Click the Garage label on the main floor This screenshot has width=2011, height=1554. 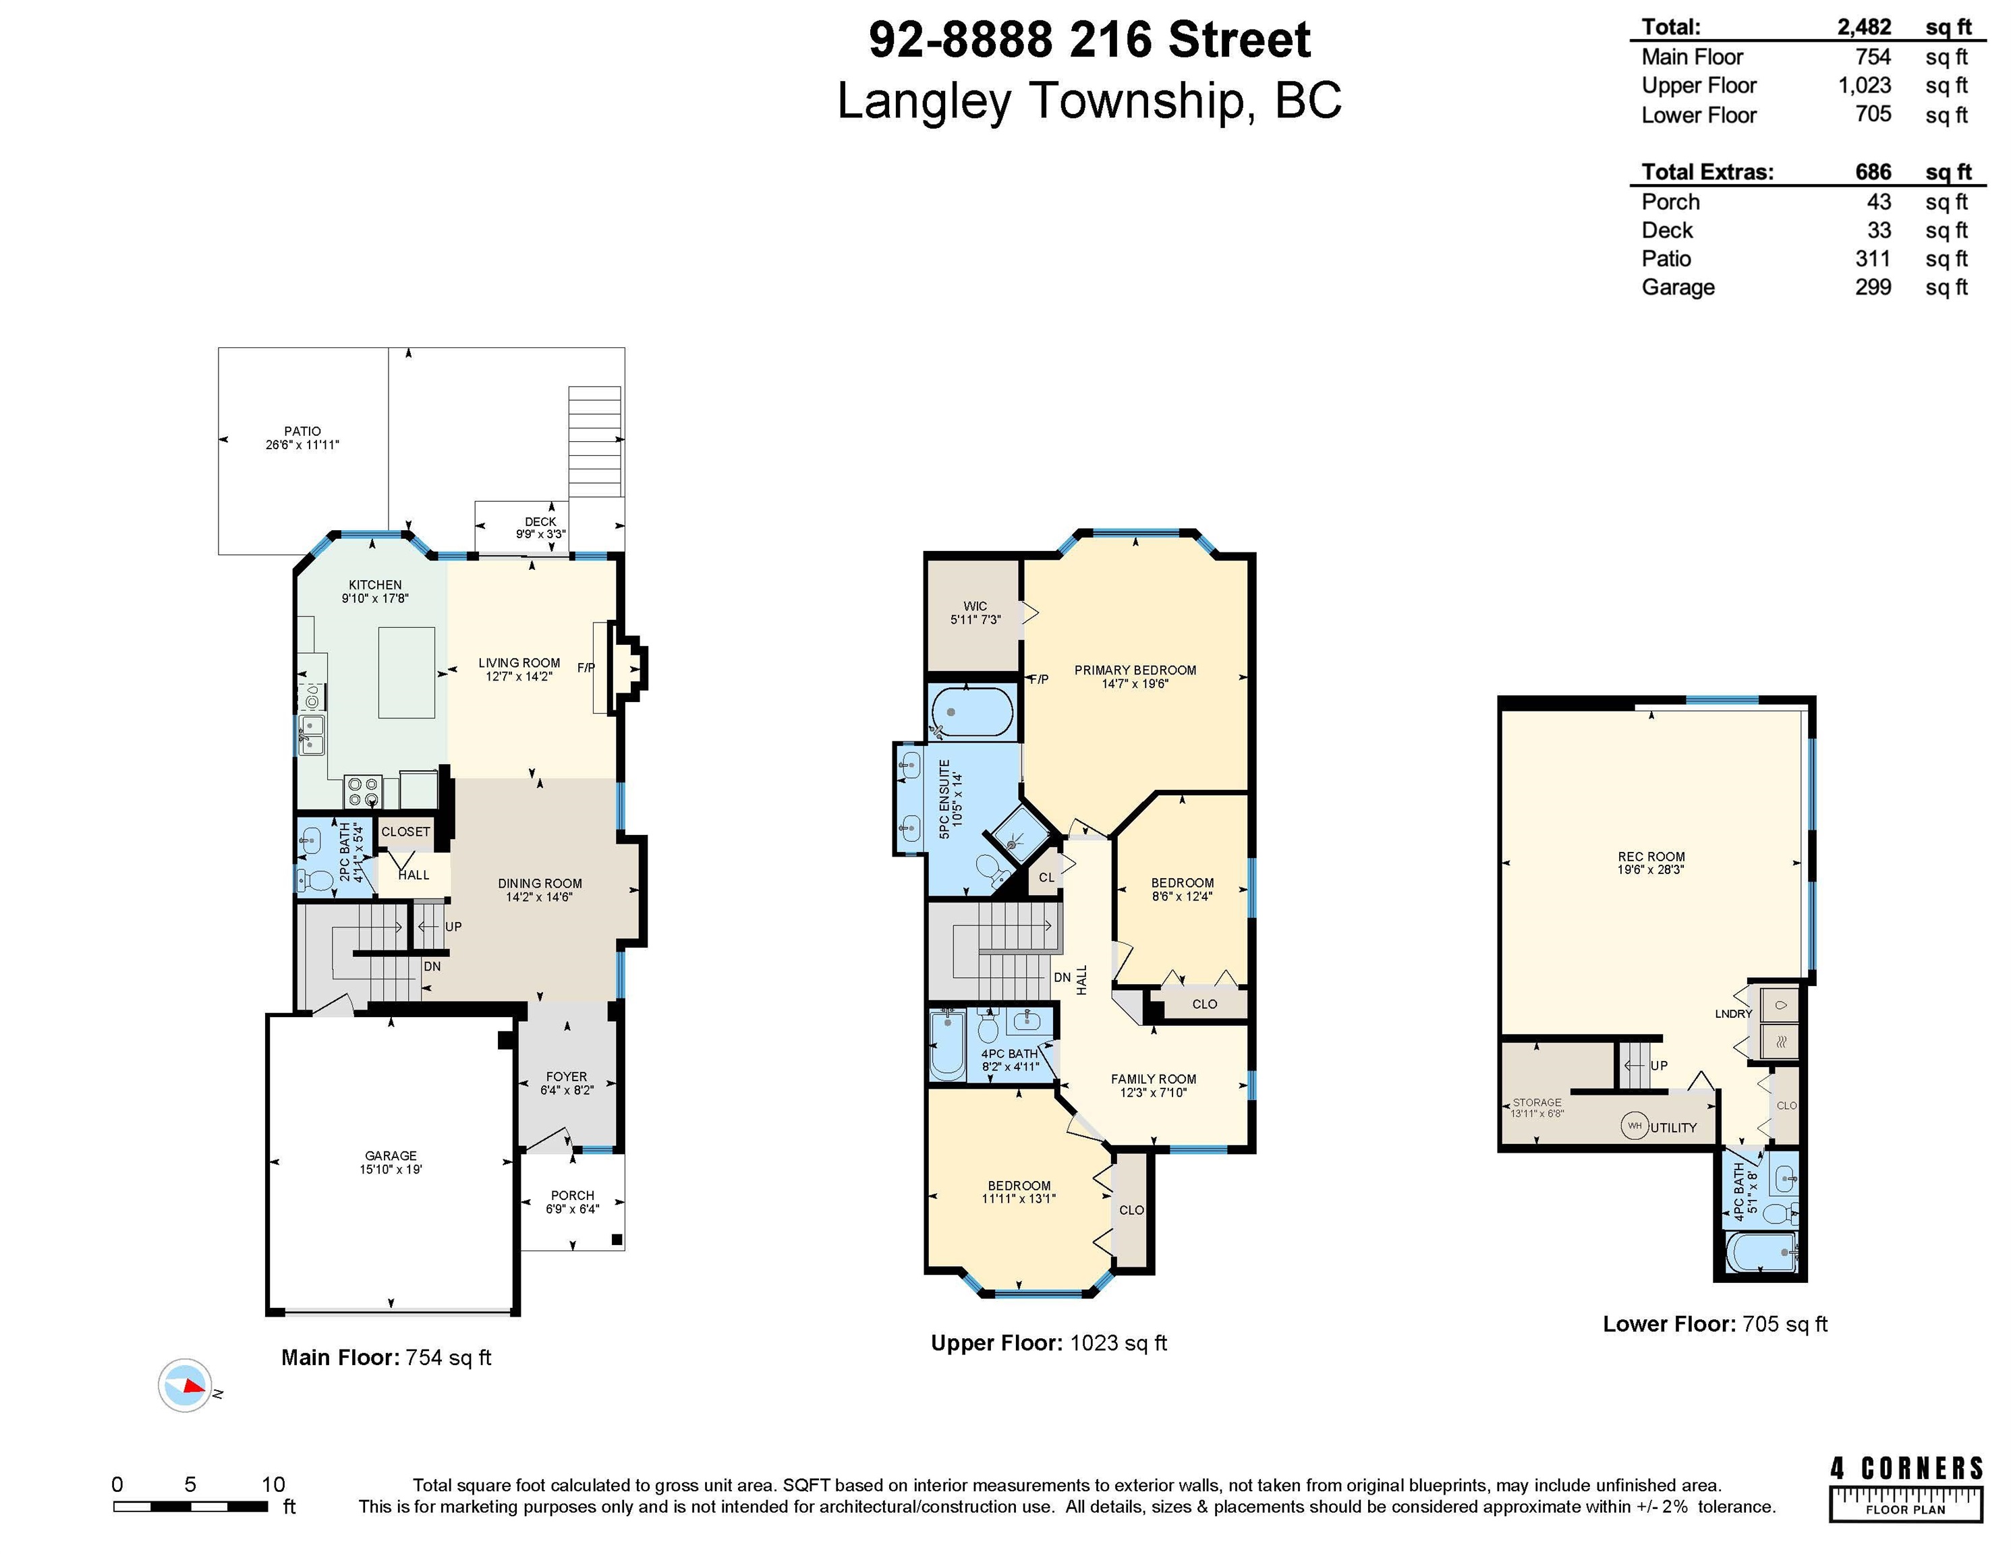point(391,1162)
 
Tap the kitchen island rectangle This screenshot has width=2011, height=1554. point(407,672)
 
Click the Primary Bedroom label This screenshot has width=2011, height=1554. point(1135,677)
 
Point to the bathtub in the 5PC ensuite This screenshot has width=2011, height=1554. point(972,712)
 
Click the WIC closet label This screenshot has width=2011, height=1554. point(975,613)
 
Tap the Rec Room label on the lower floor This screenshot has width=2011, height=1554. point(1651,863)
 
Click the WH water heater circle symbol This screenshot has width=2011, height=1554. point(1635,1125)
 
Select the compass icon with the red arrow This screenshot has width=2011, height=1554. point(185,1385)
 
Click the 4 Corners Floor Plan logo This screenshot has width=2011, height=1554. point(1905,1489)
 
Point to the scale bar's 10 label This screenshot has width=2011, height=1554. point(273,1484)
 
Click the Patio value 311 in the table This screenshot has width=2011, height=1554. point(1873,259)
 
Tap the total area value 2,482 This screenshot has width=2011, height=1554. point(1864,27)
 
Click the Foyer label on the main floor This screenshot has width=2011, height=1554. point(566,1083)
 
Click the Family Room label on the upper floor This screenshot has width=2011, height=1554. point(1153,1085)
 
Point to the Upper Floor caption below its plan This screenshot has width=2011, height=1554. point(1049,1343)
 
